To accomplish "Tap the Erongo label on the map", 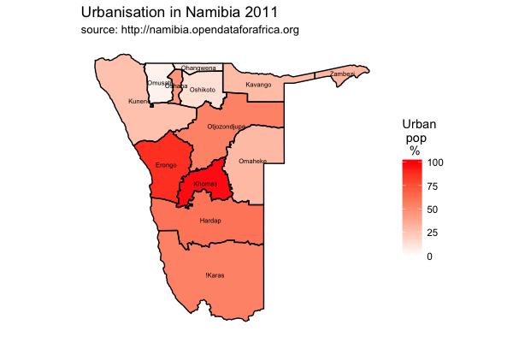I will [x=166, y=165].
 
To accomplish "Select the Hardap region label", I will [x=210, y=221].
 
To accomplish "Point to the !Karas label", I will [x=214, y=275].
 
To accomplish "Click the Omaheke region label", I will [x=253, y=161].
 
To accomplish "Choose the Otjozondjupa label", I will [x=227, y=126].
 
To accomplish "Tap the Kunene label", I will [x=139, y=101].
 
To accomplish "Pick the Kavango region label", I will [x=258, y=85].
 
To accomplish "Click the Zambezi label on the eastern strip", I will [x=342, y=74].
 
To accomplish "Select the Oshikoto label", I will [x=203, y=89].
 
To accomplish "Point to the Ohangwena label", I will [x=198, y=68].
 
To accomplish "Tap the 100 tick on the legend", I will [x=435, y=162].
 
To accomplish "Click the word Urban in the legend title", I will [x=419, y=124].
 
